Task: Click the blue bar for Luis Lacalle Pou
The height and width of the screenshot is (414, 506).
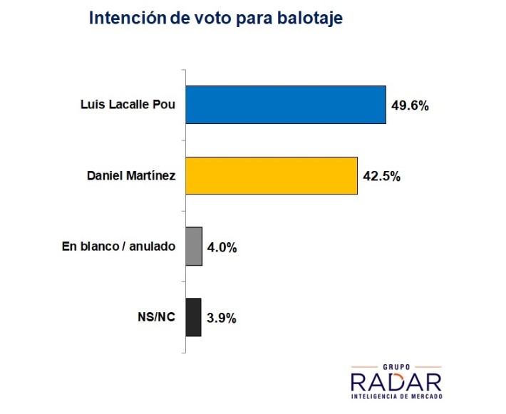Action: [285, 105]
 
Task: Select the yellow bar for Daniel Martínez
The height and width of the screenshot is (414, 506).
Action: [271, 175]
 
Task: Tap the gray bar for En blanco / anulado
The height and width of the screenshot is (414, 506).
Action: [194, 247]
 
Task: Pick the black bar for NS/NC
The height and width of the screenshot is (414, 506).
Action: [193, 317]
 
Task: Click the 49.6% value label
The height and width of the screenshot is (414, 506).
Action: [410, 105]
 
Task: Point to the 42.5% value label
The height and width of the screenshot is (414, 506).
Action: [381, 176]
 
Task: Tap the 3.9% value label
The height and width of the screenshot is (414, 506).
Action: [221, 318]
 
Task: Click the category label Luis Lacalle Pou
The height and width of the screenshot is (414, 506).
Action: [128, 105]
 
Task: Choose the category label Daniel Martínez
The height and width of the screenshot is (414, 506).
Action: [132, 175]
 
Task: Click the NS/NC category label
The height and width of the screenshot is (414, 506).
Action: [158, 317]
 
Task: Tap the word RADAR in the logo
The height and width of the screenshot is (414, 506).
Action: [396, 381]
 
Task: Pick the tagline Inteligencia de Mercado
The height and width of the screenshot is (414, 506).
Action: [396, 395]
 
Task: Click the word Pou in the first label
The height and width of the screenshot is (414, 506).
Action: [165, 105]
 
